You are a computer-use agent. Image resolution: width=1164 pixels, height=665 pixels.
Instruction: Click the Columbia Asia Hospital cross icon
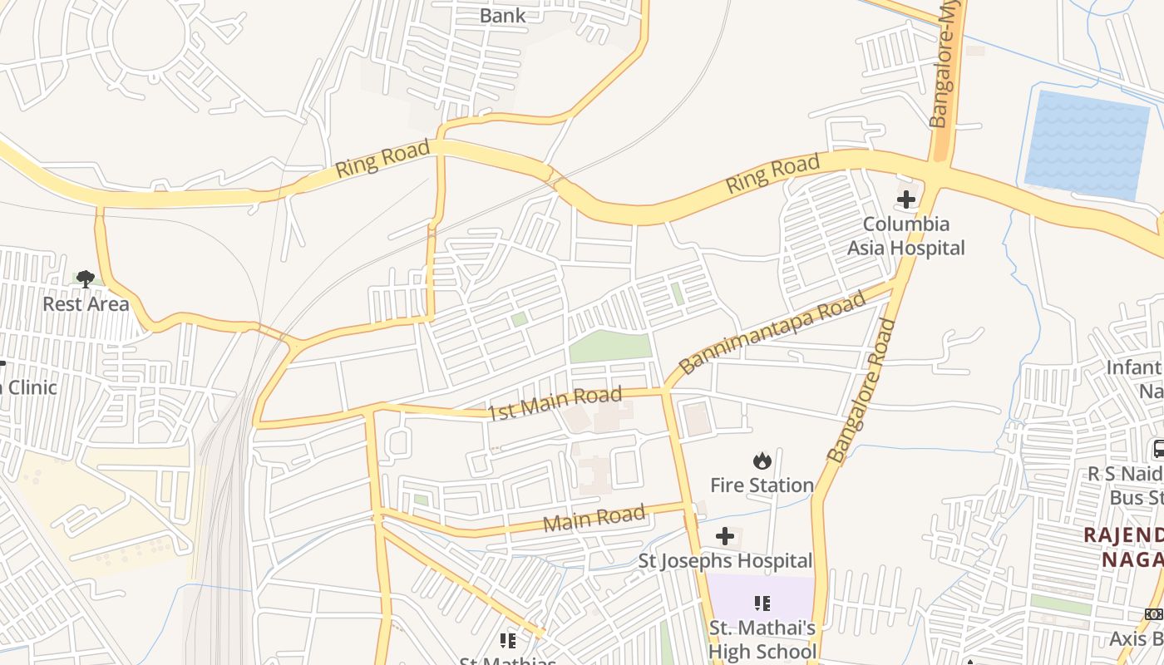[x=906, y=199]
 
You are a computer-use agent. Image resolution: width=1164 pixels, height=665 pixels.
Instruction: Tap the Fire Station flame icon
[x=762, y=461]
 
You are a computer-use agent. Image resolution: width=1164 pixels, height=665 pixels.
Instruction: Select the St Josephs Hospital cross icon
[x=725, y=536]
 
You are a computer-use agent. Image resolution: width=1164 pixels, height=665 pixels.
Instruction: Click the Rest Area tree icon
[x=85, y=278]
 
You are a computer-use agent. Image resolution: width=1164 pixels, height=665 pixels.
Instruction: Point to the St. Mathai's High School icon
[x=762, y=603]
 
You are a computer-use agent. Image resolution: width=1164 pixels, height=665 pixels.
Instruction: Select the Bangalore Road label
[x=862, y=391]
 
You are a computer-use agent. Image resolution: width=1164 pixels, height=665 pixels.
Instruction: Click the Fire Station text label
[x=762, y=485]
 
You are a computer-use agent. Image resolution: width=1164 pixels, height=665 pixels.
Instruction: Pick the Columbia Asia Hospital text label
[x=905, y=236]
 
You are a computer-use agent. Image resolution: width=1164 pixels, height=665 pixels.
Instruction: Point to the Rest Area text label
[x=86, y=304]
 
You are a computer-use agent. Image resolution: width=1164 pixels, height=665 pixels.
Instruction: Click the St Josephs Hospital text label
[x=725, y=561]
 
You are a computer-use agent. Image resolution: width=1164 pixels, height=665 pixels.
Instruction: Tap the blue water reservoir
[x=1086, y=145]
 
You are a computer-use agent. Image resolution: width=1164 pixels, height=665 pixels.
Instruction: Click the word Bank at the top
[x=503, y=16]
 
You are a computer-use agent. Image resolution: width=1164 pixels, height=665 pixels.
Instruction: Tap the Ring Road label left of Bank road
[x=382, y=159]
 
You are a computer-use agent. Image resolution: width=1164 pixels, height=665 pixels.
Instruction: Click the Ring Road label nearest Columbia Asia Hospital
[x=772, y=175]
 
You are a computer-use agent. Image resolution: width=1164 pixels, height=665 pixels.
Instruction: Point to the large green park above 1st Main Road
[x=611, y=346]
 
